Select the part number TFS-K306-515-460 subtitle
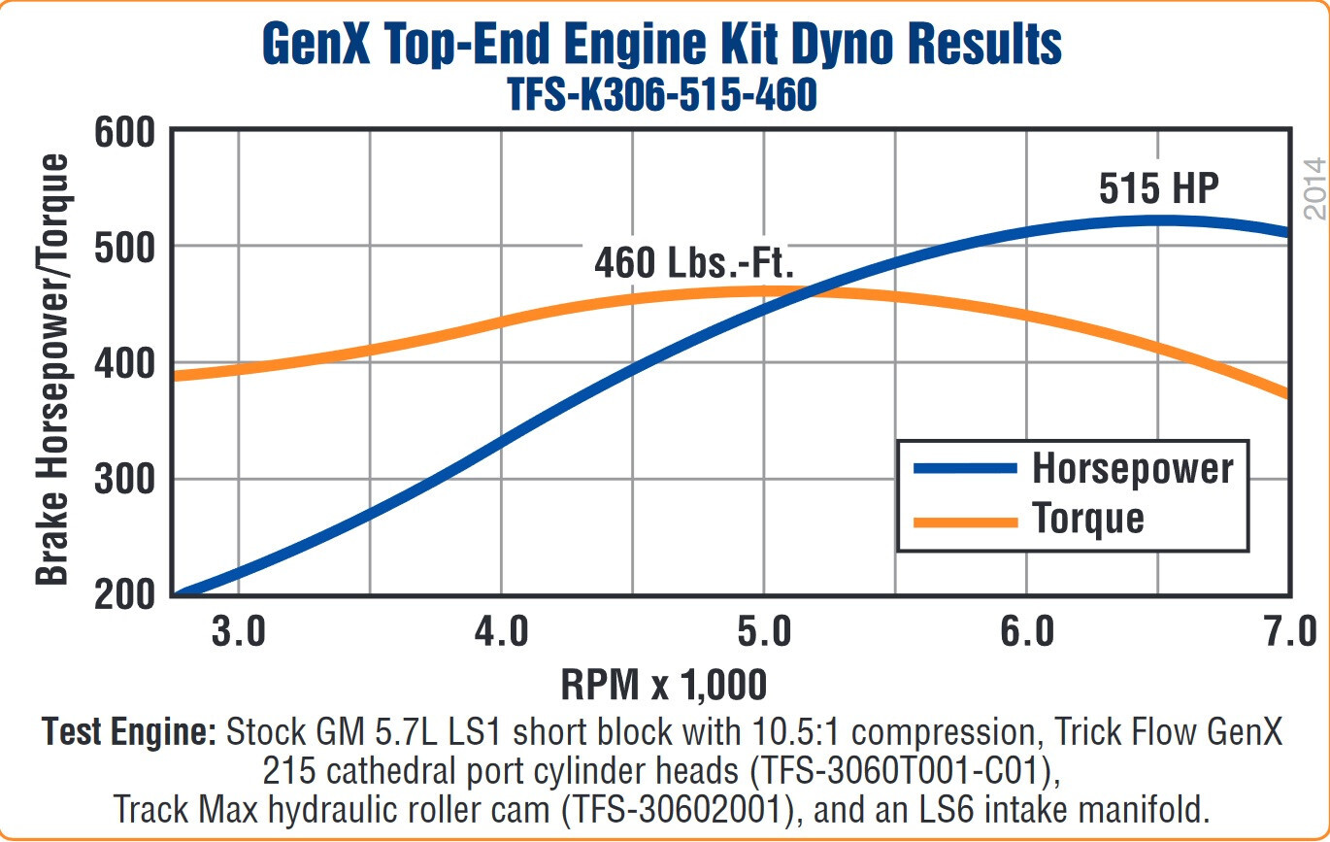pos(662,95)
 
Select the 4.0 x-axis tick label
pos(501,632)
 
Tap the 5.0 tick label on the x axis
pos(764,632)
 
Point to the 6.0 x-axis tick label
pos(1027,632)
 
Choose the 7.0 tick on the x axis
pos(1288,632)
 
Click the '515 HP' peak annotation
pos(1157,188)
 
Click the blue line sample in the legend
pos(965,468)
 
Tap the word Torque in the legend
pos(1088,520)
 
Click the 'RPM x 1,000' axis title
pos(664,685)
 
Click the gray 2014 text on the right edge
pos(1313,187)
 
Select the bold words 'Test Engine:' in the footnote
pos(129,732)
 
